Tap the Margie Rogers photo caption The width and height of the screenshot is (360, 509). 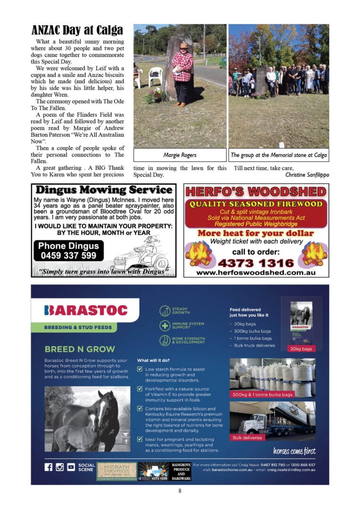tap(180, 155)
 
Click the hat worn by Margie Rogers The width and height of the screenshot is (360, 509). tap(183, 45)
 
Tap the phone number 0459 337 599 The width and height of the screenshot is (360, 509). tap(68, 255)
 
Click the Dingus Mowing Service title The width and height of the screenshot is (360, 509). tap(104, 190)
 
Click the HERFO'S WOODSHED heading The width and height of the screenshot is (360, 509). tap(255, 191)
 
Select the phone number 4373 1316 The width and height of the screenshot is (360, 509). tap(256, 263)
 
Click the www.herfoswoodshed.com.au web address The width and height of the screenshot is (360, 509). tap(256, 273)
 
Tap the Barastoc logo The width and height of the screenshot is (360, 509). tap(86, 310)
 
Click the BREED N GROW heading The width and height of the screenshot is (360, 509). tap(80, 349)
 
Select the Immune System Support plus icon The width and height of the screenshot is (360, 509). tap(165, 326)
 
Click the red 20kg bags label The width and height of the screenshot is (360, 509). tap(301, 348)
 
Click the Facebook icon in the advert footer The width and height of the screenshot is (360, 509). tap(49, 467)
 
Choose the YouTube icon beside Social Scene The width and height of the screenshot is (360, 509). tap(71, 467)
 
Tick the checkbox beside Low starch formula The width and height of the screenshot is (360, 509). tap(139, 369)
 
